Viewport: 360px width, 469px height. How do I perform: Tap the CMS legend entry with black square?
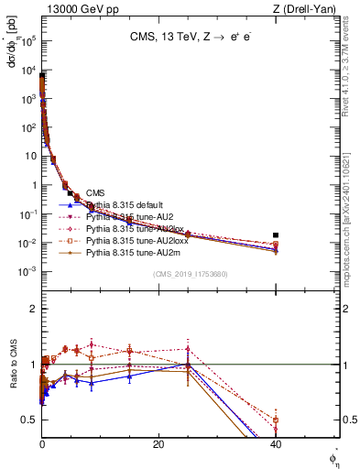(95, 192)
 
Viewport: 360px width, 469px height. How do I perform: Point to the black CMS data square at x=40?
(276, 235)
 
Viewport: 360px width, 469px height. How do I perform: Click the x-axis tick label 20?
(158, 445)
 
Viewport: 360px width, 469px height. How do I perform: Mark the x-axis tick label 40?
(276, 445)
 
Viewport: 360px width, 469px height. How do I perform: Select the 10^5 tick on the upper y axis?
(27, 41)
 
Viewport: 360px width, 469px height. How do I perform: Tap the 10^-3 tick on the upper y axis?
(27, 272)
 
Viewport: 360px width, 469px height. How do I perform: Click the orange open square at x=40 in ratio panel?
(276, 420)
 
